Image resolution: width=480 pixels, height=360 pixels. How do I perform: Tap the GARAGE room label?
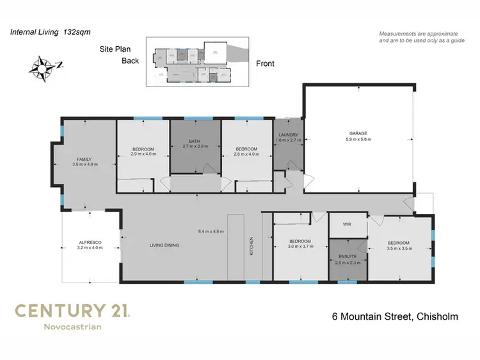(358, 133)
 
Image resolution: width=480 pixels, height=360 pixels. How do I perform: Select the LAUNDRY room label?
(287, 135)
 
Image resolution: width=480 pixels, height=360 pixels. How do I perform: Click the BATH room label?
(195, 141)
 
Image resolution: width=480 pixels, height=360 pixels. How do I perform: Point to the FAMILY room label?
(84, 159)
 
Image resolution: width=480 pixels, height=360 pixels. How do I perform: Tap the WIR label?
(347, 225)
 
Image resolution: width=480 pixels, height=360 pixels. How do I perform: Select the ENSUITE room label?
(348, 256)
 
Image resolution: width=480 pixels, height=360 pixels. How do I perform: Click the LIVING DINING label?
(163, 245)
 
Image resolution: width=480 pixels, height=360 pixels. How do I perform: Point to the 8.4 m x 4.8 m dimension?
(211, 231)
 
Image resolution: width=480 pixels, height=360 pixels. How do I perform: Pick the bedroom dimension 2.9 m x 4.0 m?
(143, 154)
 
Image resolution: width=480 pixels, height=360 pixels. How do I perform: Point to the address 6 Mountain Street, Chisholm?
(394, 316)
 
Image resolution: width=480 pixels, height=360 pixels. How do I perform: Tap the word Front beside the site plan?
(266, 63)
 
